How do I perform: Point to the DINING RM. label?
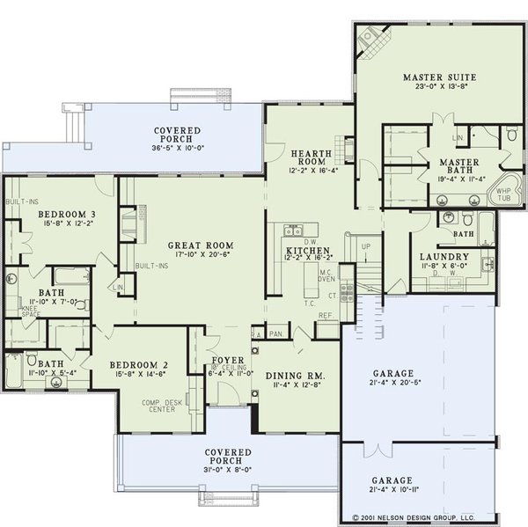[294, 375]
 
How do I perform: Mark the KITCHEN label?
[307, 252]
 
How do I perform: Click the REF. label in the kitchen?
[325, 315]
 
